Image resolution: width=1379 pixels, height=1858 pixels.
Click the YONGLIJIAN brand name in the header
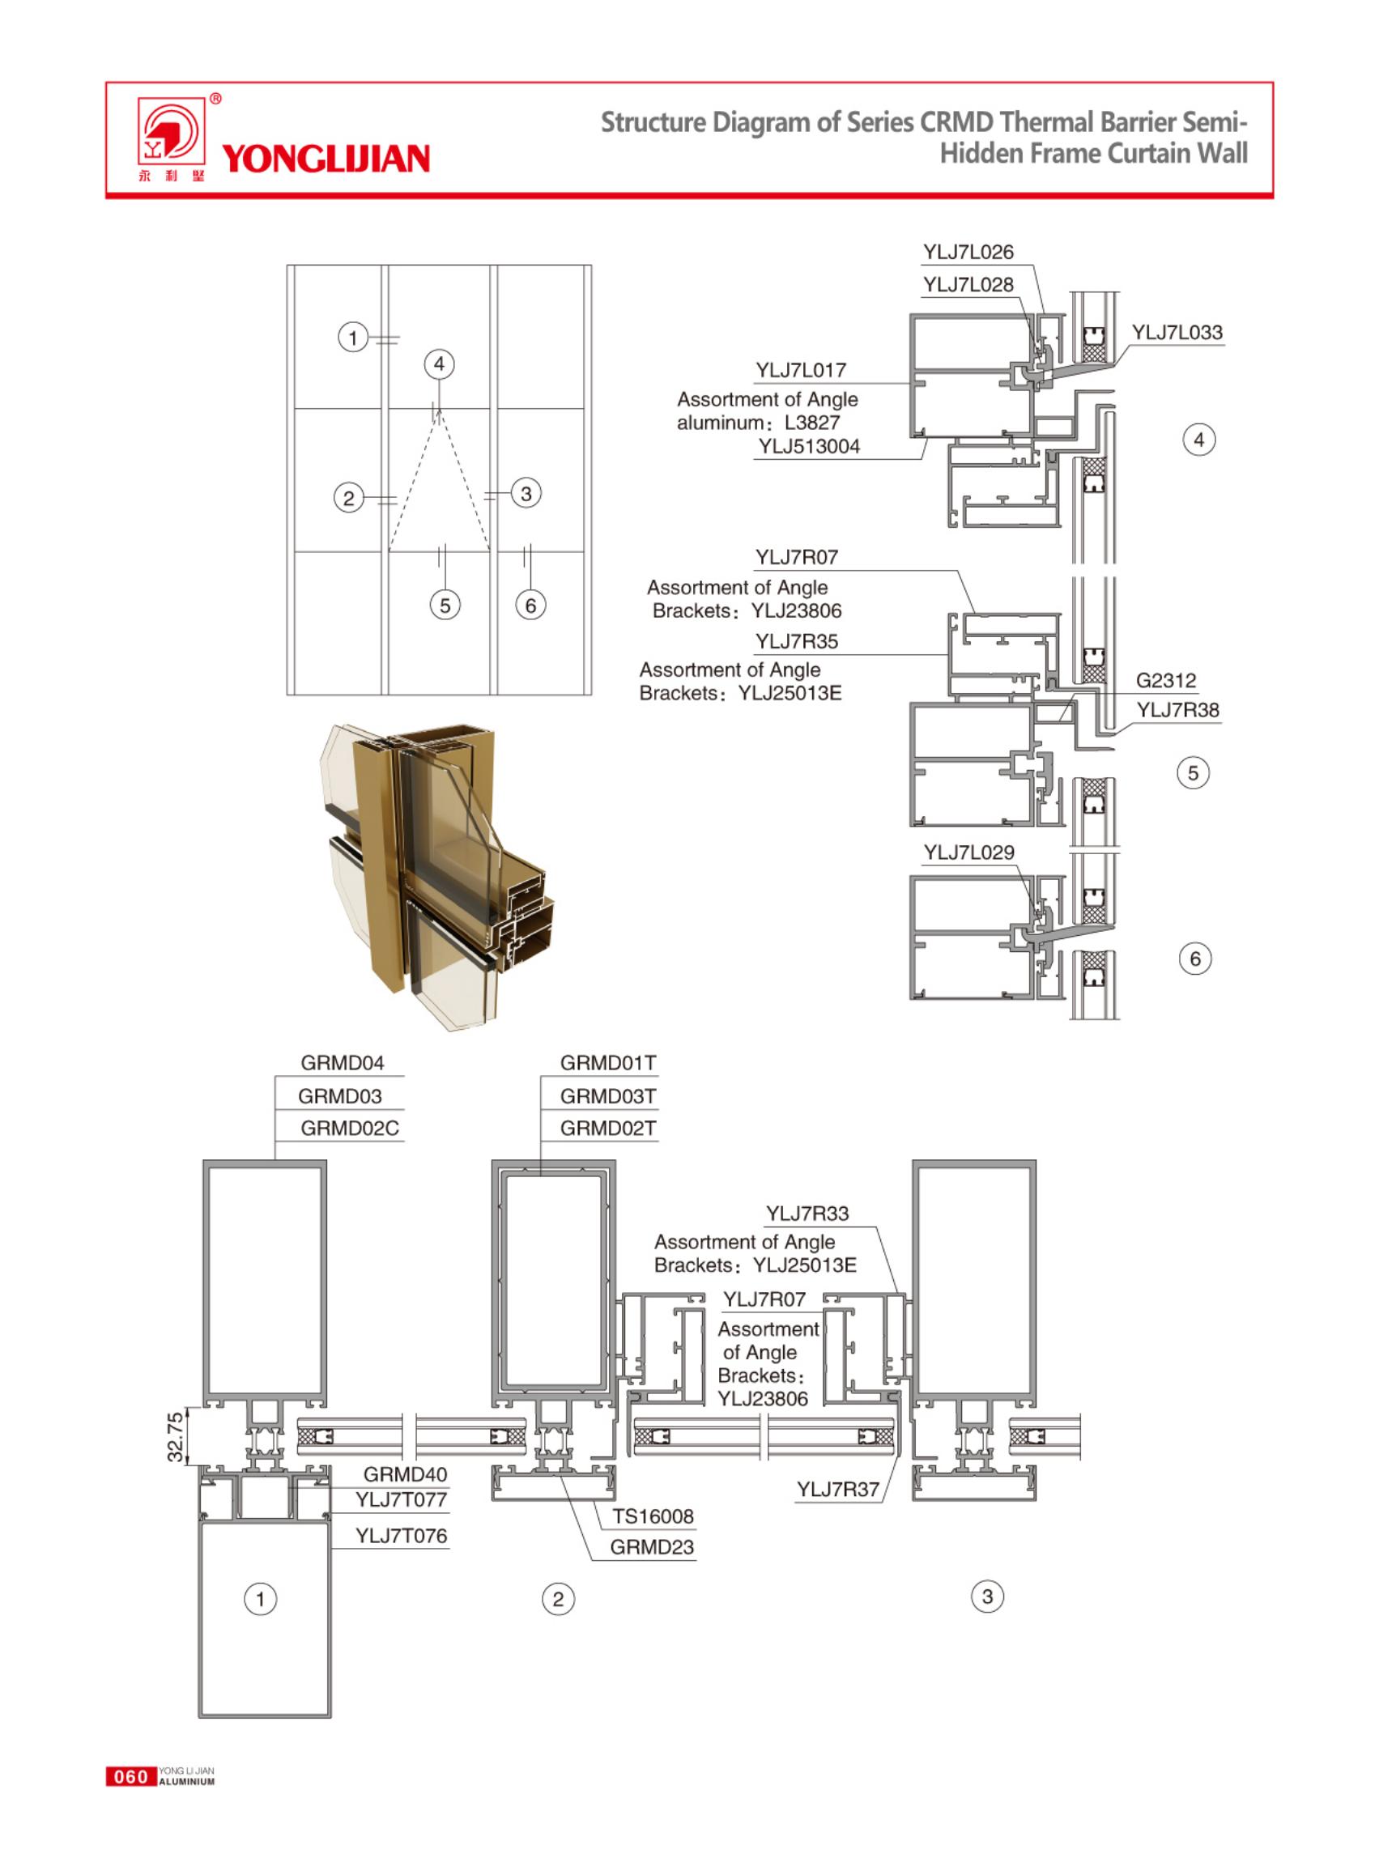click(x=326, y=159)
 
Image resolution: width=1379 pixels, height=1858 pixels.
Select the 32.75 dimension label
click(x=175, y=1436)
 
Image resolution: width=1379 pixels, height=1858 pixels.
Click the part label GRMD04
click(x=343, y=1062)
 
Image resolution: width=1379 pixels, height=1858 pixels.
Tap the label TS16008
click(x=653, y=1516)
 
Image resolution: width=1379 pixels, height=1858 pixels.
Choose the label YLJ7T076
click(x=401, y=1535)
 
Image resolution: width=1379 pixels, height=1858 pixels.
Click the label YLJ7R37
click(x=837, y=1489)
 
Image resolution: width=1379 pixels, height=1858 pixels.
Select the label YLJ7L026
click(x=968, y=252)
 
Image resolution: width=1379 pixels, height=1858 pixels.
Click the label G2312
click(x=1165, y=680)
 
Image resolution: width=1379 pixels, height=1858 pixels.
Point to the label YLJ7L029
click(x=968, y=852)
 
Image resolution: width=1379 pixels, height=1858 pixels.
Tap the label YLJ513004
click(x=808, y=447)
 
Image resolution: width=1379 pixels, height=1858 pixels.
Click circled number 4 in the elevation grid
click(x=439, y=364)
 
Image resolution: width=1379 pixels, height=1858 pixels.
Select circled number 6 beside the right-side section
click(x=1194, y=959)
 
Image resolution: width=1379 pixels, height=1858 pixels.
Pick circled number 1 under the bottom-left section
click(x=260, y=1598)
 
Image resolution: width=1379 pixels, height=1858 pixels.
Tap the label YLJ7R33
click(x=807, y=1213)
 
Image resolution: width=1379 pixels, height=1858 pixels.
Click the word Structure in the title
click(x=653, y=123)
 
